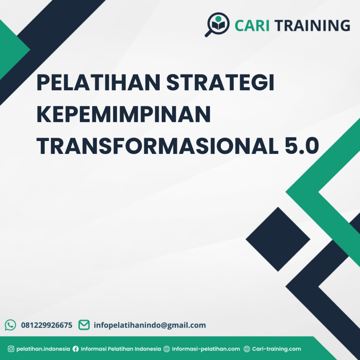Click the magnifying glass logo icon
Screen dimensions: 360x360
pyautogui.click(x=217, y=24)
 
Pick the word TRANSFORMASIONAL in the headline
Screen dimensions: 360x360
pyautogui.click(x=155, y=146)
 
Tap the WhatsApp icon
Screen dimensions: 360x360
pyautogui.click(x=11, y=325)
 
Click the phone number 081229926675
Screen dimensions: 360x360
pyautogui.click(x=47, y=325)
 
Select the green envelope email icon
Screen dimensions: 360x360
pyautogui.click(x=84, y=325)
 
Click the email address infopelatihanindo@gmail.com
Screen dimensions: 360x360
pyautogui.click(x=150, y=325)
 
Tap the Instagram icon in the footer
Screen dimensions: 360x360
pyautogui.click(x=11, y=349)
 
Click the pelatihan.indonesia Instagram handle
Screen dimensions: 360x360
pyautogui.click(x=43, y=349)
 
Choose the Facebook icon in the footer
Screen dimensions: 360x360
pyautogui.click(x=76, y=349)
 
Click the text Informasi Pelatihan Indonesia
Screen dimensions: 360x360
pyautogui.click(x=121, y=349)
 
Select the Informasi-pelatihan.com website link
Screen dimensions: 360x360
pyautogui.click(x=206, y=349)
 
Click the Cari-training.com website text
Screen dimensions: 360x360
pyautogui.click(x=277, y=349)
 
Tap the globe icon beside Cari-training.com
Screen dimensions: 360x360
pyautogui.click(x=247, y=349)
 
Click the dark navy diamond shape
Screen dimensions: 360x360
pyautogui.click(x=278, y=239)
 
